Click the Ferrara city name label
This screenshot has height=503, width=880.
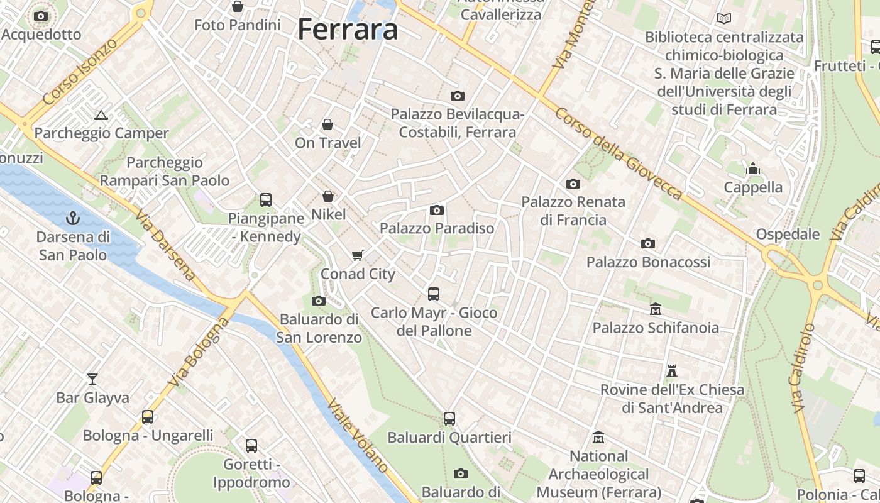[x=348, y=29]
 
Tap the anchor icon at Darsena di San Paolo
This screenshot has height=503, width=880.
[x=74, y=219]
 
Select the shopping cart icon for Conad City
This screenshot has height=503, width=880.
[x=358, y=255]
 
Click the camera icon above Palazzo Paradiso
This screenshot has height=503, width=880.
[x=437, y=210]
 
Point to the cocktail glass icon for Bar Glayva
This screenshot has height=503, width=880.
[x=92, y=379]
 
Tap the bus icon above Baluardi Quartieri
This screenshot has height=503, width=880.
[x=449, y=419]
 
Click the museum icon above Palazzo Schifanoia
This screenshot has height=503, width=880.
[x=656, y=309]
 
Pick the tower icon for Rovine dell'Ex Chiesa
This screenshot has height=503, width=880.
[x=672, y=371]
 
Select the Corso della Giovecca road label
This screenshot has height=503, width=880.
[x=619, y=153]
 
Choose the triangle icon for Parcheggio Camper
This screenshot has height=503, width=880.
[x=101, y=115]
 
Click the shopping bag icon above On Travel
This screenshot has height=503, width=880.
[x=327, y=124]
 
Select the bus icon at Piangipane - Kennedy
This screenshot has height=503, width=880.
[x=266, y=200]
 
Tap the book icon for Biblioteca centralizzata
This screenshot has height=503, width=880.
[x=724, y=19]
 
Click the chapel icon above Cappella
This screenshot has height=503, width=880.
[x=753, y=169]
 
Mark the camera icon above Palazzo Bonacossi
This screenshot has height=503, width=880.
[x=648, y=243]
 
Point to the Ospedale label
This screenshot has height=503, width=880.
[x=788, y=235]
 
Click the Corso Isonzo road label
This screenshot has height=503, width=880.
[x=80, y=72]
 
